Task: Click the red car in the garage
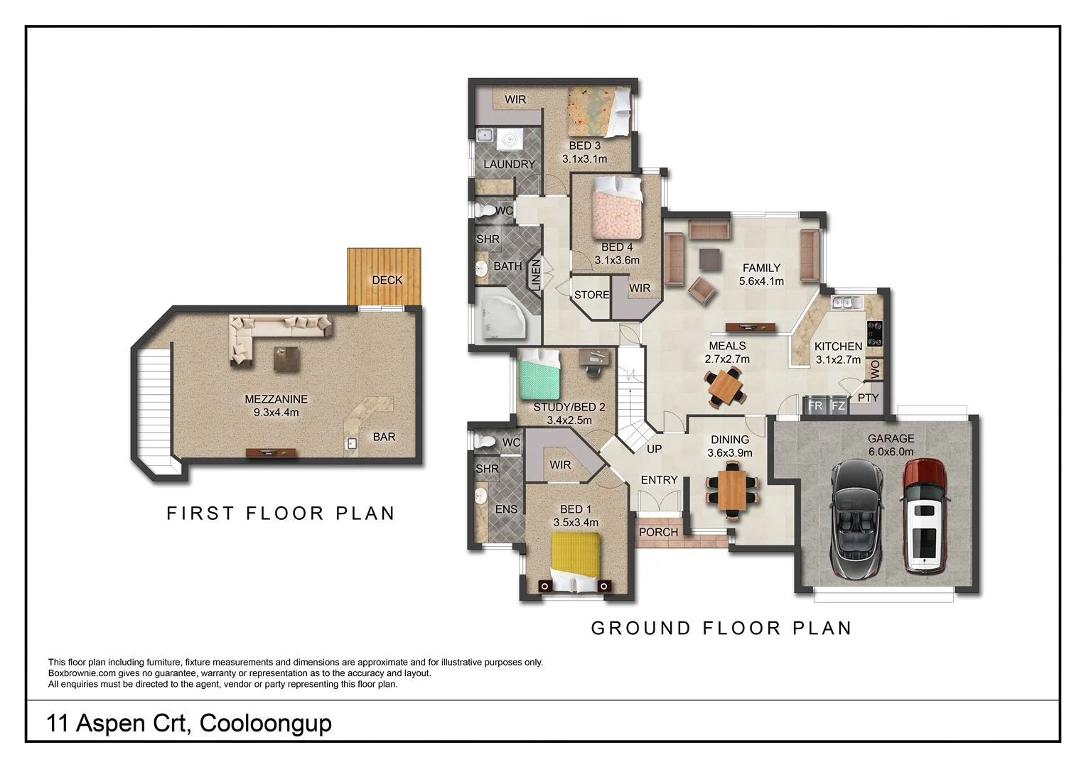pos(924,516)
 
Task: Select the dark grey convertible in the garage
pos(856,518)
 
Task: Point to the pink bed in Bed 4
pos(617,210)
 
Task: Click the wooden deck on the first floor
pos(384,276)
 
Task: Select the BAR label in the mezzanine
pos(384,437)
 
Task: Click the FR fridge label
pos(815,406)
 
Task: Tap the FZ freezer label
pos(838,406)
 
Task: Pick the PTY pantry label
pos(869,398)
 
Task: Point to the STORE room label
pos(591,295)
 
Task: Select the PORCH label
pos(658,532)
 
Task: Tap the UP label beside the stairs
pos(654,450)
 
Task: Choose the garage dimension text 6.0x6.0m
pos(891,452)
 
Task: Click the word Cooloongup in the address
pos(266,723)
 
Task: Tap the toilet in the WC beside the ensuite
pos(485,441)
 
